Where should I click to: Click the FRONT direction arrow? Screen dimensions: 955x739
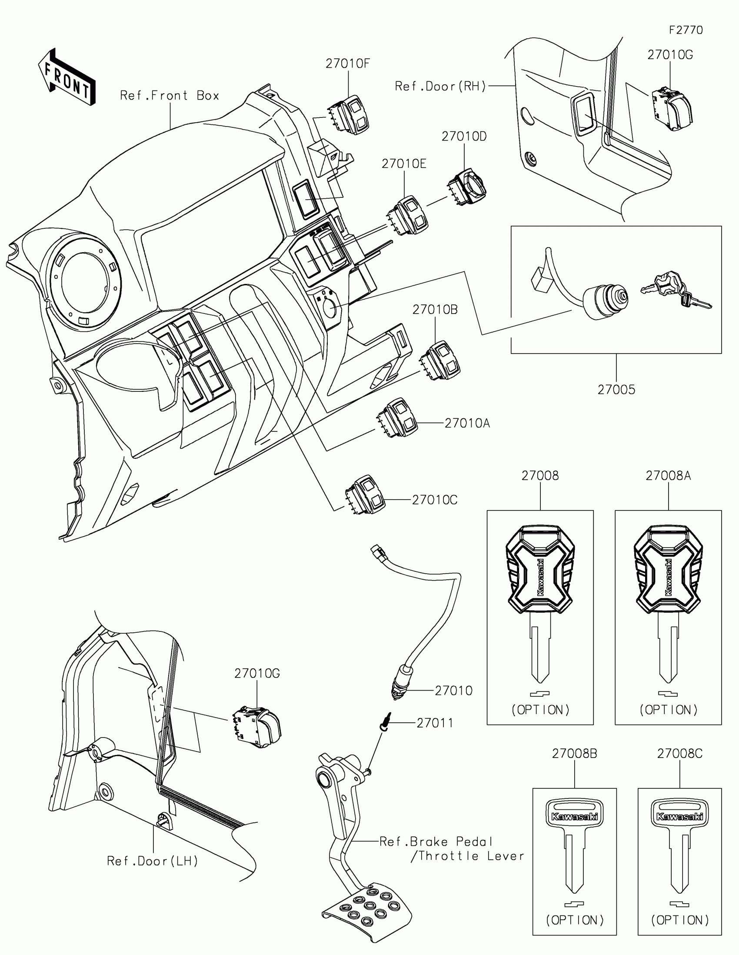[x=67, y=77]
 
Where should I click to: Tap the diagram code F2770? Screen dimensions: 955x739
[x=686, y=30]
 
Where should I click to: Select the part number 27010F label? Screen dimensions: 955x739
[x=347, y=64]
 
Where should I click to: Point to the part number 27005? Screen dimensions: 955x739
[x=616, y=390]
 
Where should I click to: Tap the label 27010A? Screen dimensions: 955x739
[x=467, y=423]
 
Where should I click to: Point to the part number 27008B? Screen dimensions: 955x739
[x=574, y=753]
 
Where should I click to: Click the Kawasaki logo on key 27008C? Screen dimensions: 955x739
[x=679, y=816]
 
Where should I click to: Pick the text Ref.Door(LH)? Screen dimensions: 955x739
[x=153, y=861]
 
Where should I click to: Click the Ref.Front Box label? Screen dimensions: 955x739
[x=170, y=96]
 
